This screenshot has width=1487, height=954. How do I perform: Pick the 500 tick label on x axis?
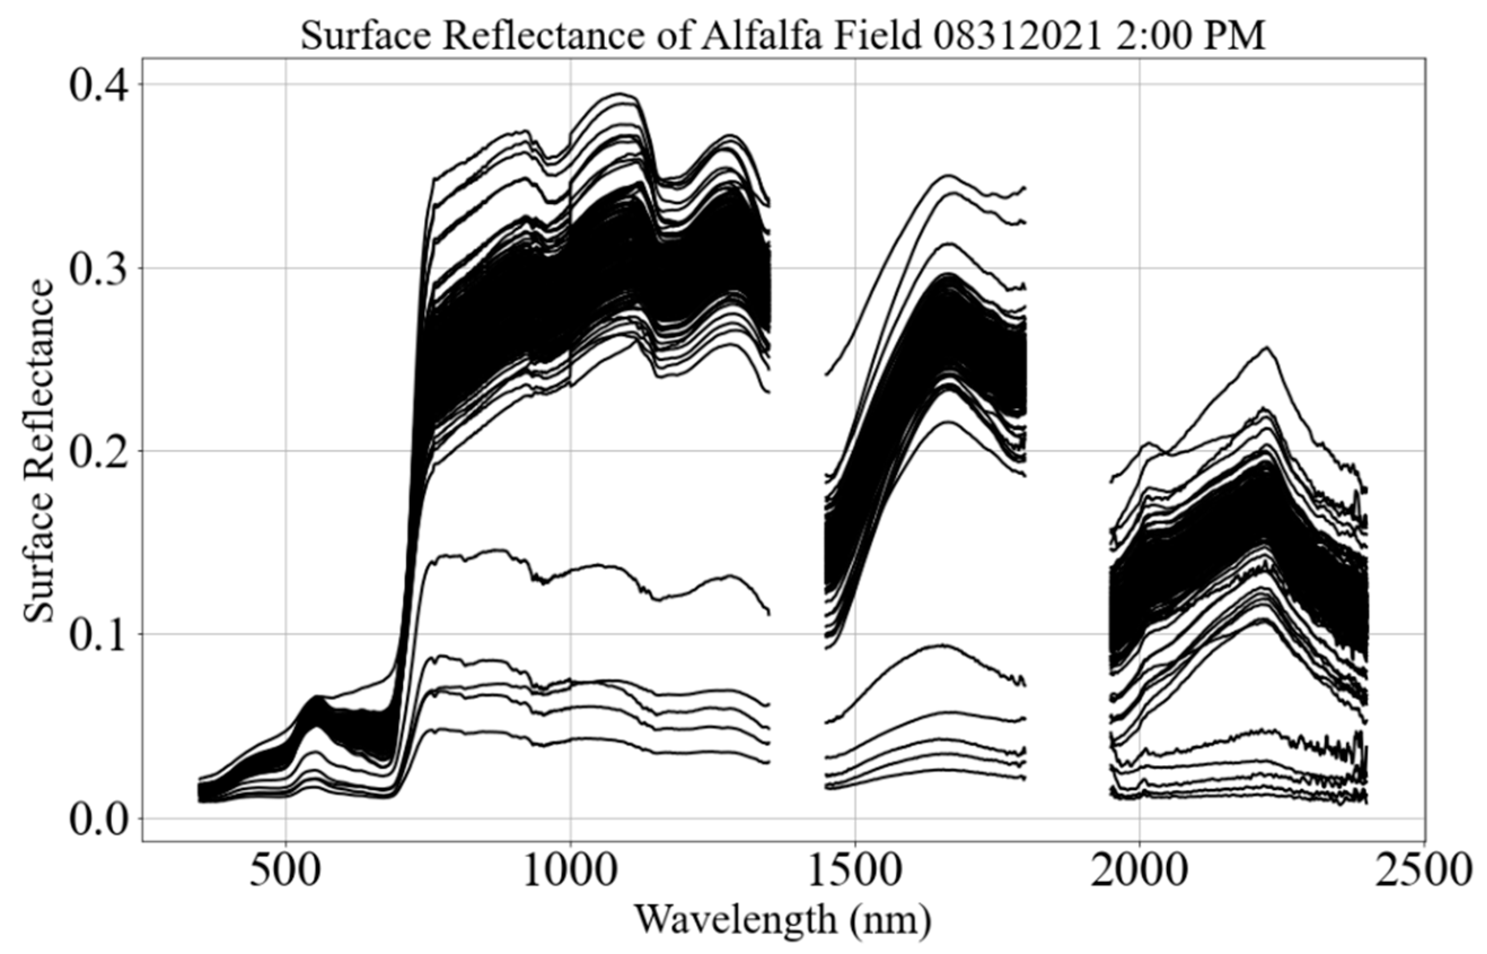(285, 872)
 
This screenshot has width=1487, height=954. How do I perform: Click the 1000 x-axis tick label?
(570, 872)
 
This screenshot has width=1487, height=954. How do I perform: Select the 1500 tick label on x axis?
(855, 872)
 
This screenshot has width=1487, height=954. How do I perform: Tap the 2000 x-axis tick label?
(1140, 872)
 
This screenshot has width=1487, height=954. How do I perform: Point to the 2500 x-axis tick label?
(1424, 872)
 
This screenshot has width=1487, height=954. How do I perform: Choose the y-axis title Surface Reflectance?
(38, 450)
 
